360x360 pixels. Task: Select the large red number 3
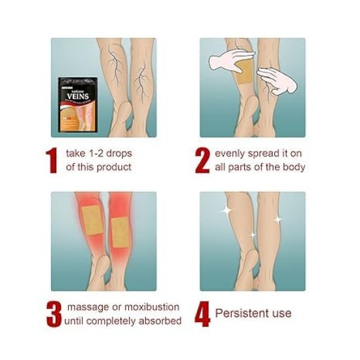point(53,313)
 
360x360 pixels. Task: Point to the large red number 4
point(203,314)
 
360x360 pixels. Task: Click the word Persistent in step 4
point(240,314)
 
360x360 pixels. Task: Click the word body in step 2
point(295,167)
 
